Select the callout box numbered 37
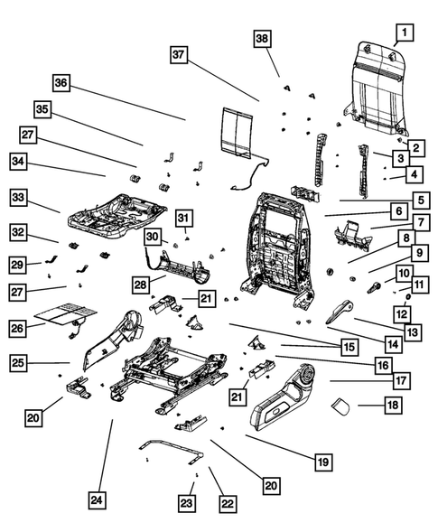coord(179,56)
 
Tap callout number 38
coord(261,38)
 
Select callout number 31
coord(182,218)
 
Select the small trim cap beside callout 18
coord(340,406)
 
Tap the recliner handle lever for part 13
coord(339,312)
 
